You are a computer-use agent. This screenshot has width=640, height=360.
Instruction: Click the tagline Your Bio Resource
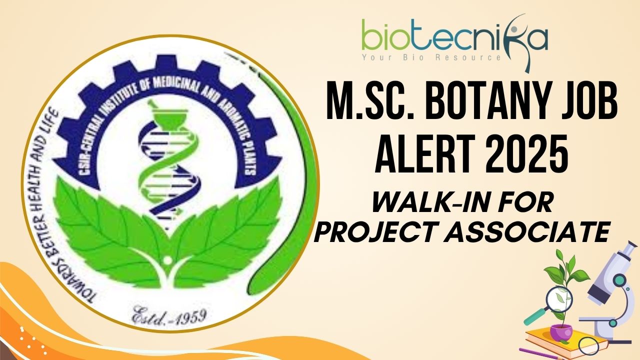(431, 57)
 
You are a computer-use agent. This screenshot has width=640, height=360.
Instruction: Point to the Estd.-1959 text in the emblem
(169, 315)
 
